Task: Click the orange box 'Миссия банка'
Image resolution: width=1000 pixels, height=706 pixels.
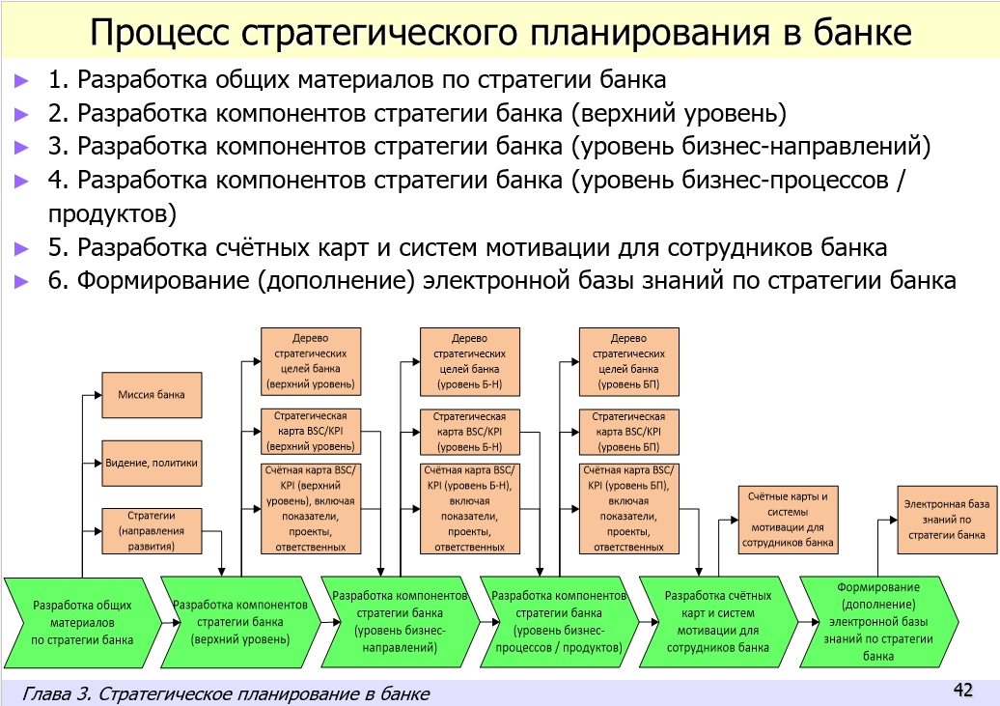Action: pyautogui.click(x=153, y=395)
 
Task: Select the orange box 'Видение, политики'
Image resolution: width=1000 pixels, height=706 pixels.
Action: pyautogui.click(x=153, y=464)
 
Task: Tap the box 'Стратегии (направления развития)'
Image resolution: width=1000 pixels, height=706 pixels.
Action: pyautogui.click(x=153, y=532)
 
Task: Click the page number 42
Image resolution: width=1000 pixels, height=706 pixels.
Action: pyautogui.click(x=962, y=690)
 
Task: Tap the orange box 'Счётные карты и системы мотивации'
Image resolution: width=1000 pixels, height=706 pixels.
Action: pyautogui.click(x=788, y=520)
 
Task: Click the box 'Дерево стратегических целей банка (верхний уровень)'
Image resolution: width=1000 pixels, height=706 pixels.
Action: pyautogui.click(x=311, y=361)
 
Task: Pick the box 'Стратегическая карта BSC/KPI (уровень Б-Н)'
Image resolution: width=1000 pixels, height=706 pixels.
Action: pyautogui.click(x=470, y=432)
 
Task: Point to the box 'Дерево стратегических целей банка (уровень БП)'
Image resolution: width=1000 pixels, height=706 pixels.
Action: pyautogui.click(x=628, y=361)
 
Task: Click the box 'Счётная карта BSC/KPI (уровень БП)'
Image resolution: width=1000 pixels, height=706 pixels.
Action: pyautogui.click(x=628, y=507)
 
